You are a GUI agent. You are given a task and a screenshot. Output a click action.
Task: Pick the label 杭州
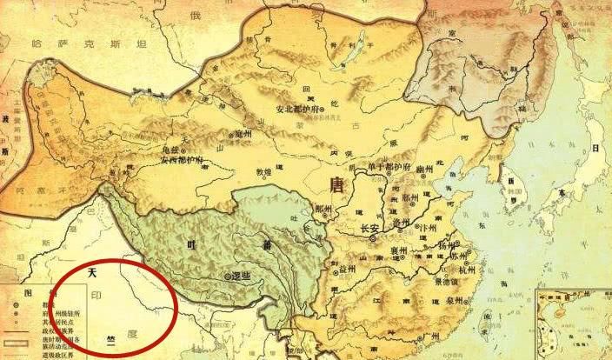tap(467, 270)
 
